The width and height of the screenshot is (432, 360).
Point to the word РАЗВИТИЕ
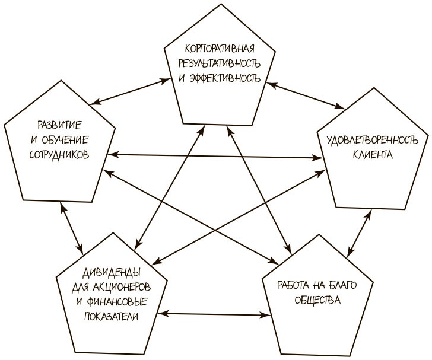pos(59,125)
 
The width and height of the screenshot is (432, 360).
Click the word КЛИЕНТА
pos(372,155)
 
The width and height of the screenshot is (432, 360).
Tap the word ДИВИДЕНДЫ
pos(111,272)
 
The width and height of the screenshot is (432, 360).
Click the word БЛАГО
pos(351,285)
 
